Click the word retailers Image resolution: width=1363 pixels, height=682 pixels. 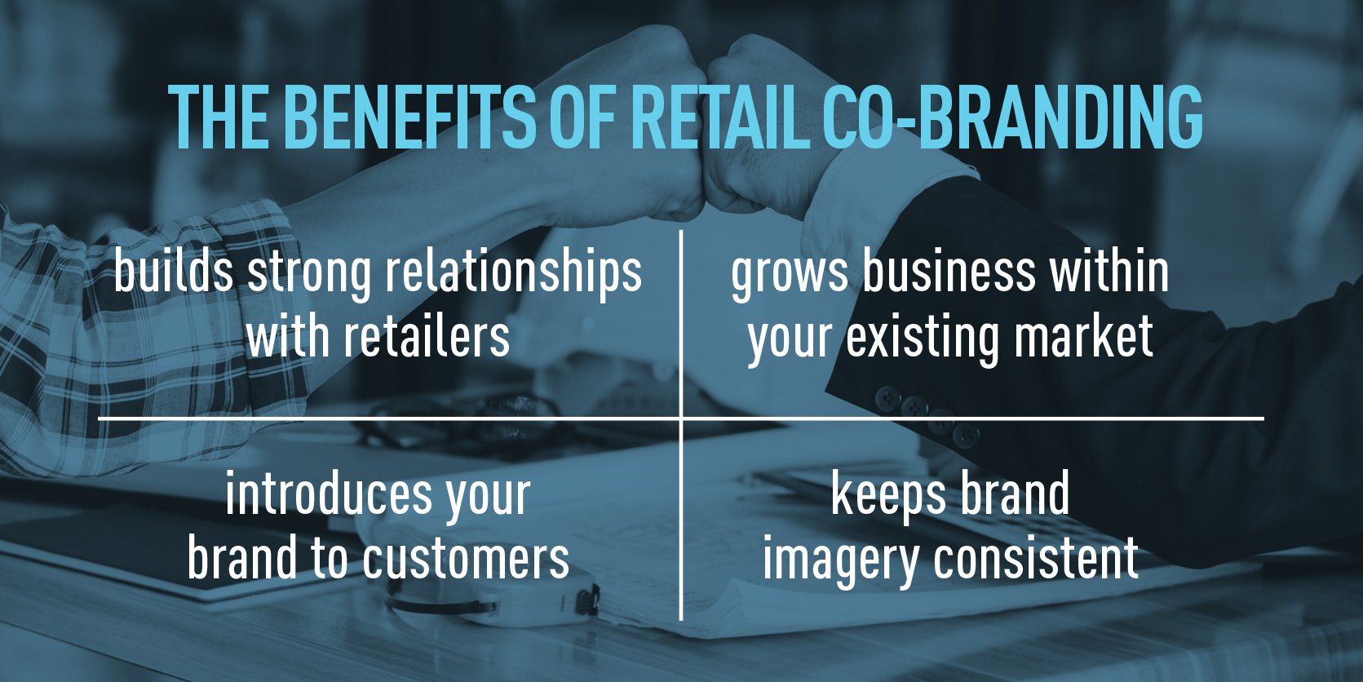click(x=427, y=335)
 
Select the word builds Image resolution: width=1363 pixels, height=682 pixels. click(x=173, y=272)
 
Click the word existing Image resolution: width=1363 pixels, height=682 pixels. click(x=922, y=337)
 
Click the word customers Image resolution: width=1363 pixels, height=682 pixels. click(x=466, y=559)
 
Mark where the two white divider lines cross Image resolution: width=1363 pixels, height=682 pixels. click(x=681, y=419)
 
